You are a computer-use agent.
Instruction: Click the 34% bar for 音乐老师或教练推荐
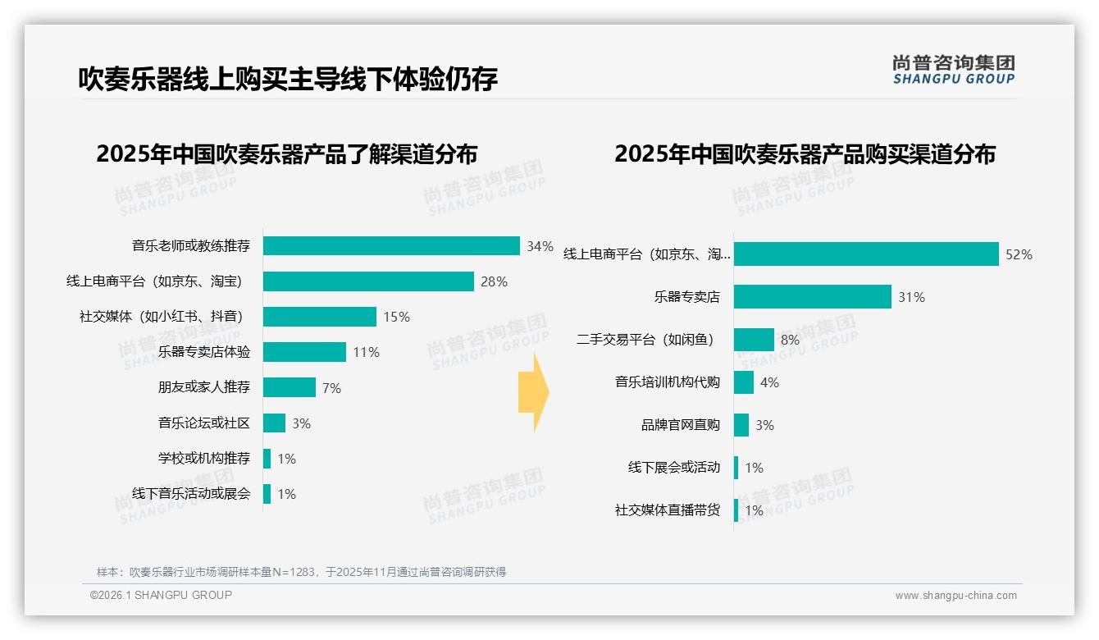[x=391, y=246]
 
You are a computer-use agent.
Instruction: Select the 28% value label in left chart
[x=494, y=281]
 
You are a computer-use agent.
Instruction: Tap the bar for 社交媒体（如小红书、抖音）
[x=320, y=317]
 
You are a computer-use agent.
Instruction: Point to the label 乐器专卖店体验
[x=204, y=352]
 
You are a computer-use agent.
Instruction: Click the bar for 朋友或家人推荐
[x=290, y=387]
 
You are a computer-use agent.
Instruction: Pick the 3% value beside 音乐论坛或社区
[x=301, y=423]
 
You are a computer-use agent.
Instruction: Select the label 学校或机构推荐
[x=204, y=458]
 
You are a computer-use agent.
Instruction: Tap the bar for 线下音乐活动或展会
[x=267, y=494]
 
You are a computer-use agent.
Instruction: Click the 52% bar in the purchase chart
[x=866, y=254]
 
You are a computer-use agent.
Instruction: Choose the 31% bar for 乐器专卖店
[x=812, y=297]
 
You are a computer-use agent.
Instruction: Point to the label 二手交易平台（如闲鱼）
[x=645, y=340]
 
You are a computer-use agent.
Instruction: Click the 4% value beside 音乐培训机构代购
[x=769, y=382]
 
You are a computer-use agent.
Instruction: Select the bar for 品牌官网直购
[x=741, y=425]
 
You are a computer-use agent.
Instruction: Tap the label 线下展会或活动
[x=674, y=468]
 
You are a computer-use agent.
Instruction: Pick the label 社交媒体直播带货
[x=668, y=510]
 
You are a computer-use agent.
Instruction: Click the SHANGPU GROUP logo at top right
[x=954, y=70]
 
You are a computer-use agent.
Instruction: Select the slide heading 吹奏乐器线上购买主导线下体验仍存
[x=288, y=80]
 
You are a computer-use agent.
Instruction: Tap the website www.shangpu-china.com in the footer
[x=955, y=596]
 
